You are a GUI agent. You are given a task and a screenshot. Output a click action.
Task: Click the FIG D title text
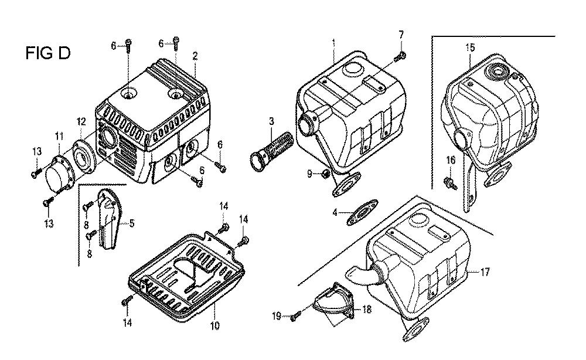pyautogui.click(x=47, y=53)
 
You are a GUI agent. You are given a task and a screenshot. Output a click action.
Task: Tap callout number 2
pyautogui.click(x=195, y=56)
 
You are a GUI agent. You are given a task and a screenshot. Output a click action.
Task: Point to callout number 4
pyautogui.click(x=335, y=212)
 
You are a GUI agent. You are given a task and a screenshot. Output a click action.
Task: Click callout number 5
pyautogui.click(x=132, y=223)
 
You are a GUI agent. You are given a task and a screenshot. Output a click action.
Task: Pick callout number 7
pyautogui.click(x=401, y=35)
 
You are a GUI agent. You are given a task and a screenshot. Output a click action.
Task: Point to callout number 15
pyautogui.click(x=470, y=47)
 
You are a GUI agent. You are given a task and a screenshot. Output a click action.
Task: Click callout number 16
pyautogui.click(x=451, y=159)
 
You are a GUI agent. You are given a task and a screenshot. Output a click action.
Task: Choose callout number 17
pyautogui.click(x=485, y=272)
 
